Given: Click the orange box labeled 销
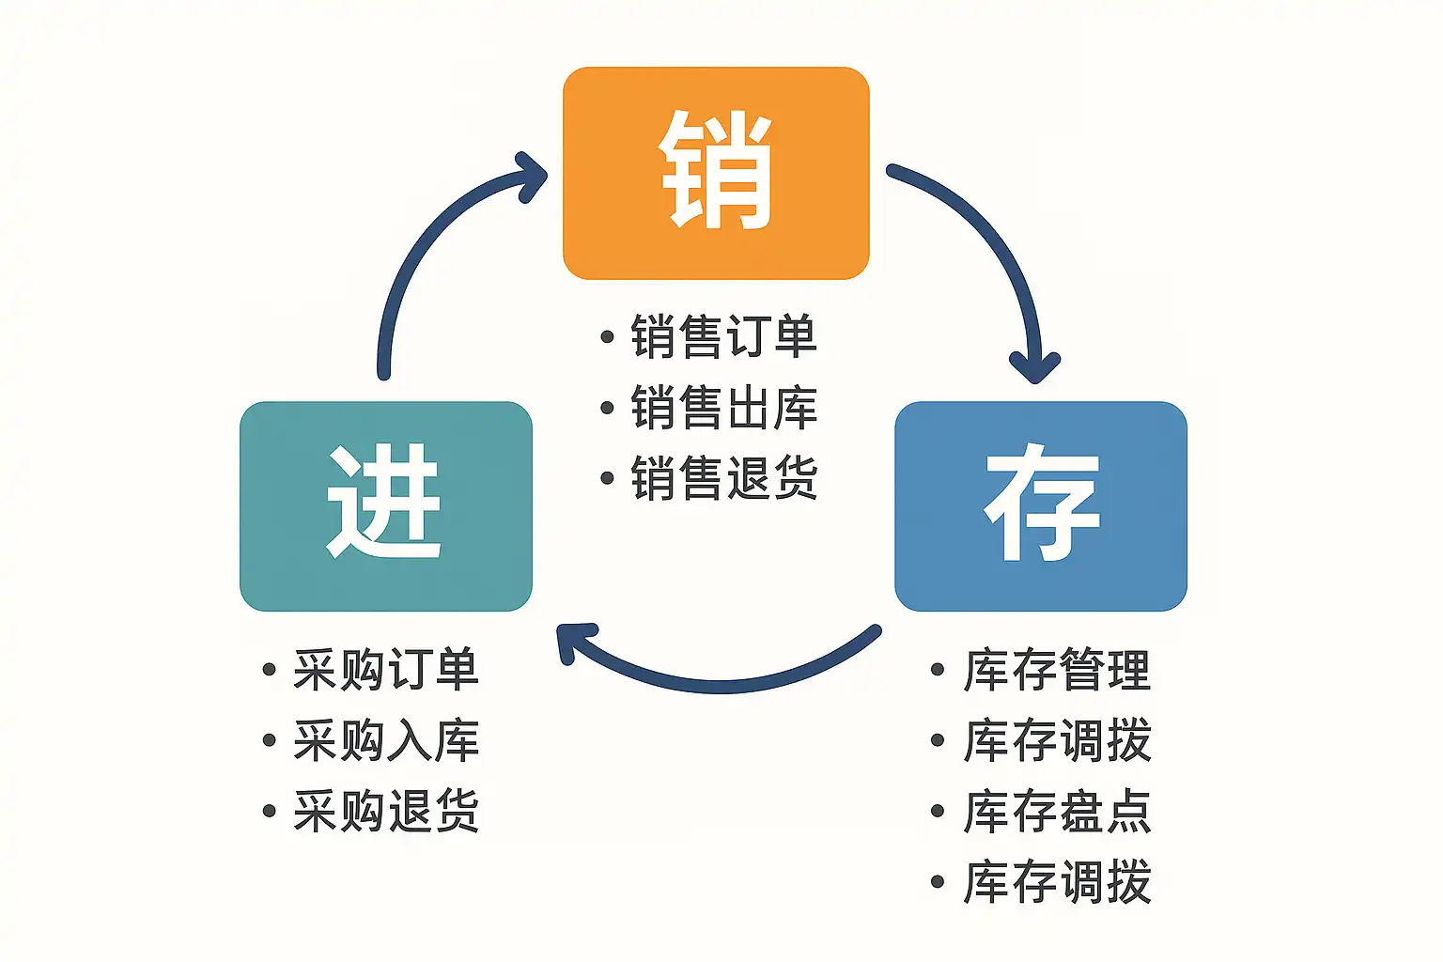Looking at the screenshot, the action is click(716, 173).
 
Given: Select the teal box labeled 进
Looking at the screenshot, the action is click(386, 505).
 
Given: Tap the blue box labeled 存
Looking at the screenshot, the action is click(1041, 505).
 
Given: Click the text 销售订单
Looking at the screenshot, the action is click(724, 336).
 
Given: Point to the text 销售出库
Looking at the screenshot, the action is click(724, 407).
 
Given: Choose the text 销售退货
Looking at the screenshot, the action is click(724, 477).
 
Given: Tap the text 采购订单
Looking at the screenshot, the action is click(386, 670).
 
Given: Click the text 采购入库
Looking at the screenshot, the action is click(386, 739).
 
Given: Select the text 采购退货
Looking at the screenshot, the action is click(386, 811).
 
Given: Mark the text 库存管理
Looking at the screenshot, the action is click(1057, 670).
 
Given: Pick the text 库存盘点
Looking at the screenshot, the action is click(1057, 811).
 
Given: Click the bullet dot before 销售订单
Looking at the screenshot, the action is click(607, 336).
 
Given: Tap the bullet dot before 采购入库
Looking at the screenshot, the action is click(270, 740).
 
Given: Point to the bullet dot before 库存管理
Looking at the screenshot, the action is click(938, 670).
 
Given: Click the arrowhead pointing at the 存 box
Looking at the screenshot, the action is click(1035, 367).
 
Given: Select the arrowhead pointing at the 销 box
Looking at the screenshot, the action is click(532, 177).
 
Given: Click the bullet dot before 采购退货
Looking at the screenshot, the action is click(270, 811).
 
